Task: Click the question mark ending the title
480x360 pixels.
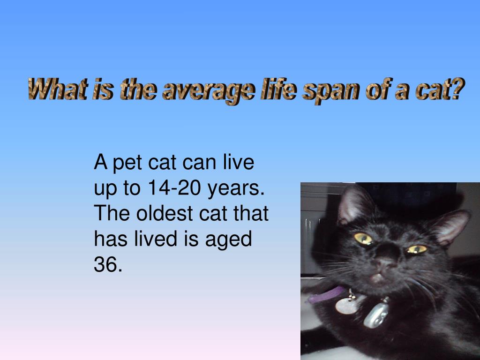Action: [x=457, y=89]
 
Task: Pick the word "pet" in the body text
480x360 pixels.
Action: [x=128, y=164]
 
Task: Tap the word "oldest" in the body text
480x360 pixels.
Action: [x=165, y=214]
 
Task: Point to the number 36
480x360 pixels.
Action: [x=108, y=265]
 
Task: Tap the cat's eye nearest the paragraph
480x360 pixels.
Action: [x=363, y=239]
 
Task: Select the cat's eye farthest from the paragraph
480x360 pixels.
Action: [x=417, y=249]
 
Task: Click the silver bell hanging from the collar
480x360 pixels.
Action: [x=376, y=315]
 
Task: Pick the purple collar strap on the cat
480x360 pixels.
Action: [x=326, y=295]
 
